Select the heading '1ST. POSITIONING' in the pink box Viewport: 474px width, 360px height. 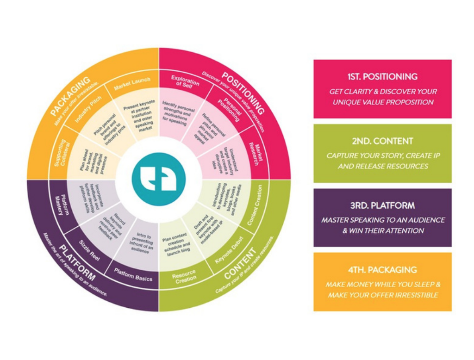[x=382, y=77]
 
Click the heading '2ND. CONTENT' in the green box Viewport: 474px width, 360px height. [x=382, y=141]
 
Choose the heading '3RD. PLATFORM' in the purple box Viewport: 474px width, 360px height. [x=382, y=205]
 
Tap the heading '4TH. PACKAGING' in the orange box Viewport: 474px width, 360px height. [x=382, y=269]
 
